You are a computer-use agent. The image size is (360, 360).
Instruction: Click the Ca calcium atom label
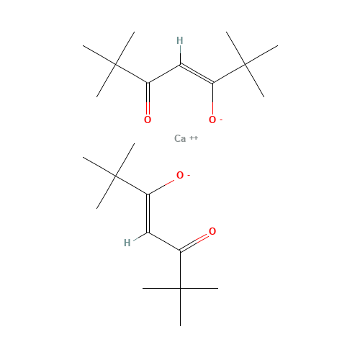click(x=181, y=138)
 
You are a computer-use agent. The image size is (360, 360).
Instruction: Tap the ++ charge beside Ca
click(x=194, y=138)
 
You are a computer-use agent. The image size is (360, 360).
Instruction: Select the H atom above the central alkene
click(x=179, y=40)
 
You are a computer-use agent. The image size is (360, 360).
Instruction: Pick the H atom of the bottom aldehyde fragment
click(x=127, y=243)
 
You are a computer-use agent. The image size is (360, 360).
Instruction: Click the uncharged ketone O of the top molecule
click(x=148, y=120)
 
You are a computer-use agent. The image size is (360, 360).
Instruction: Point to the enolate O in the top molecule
click(x=212, y=120)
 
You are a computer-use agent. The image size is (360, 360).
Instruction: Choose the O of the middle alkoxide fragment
click(x=180, y=175)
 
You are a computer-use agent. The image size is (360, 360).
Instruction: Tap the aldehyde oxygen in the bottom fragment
click(x=212, y=232)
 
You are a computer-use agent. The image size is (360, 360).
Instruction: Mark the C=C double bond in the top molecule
click(x=196, y=73)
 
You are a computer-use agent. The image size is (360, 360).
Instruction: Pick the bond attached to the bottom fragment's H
click(x=139, y=237)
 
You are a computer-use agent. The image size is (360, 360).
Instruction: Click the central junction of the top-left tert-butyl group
click(x=115, y=65)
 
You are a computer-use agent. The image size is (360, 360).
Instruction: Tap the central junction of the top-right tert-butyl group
click(x=245, y=65)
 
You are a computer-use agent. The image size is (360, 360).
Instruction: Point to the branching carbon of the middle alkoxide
click(x=115, y=176)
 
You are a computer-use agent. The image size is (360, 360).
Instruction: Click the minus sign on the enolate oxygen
click(x=221, y=118)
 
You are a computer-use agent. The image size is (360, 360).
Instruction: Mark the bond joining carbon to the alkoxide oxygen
click(x=162, y=186)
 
